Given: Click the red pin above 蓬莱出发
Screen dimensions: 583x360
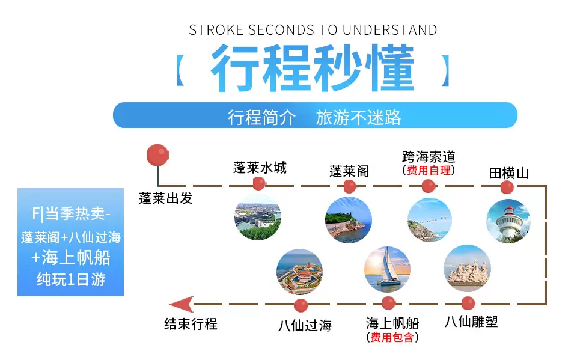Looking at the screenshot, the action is click(157, 155).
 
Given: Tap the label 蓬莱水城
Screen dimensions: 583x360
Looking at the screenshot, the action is click(260, 168).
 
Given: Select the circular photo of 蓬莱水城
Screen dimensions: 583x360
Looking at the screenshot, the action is click(258, 218).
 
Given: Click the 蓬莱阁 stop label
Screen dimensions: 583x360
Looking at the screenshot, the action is click(349, 171).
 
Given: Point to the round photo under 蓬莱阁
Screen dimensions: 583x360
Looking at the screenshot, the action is click(349, 220).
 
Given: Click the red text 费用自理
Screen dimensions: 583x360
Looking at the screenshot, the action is click(429, 170).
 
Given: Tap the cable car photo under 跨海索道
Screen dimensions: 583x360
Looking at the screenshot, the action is click(430, 220).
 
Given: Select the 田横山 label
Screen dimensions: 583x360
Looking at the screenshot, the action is click(508, 173).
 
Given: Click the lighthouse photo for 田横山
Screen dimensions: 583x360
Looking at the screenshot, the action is click(508, 221).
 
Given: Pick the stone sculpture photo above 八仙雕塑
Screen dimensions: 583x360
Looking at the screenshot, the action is click(468, 269).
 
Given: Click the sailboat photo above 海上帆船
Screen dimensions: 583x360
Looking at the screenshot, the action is click(387, 270).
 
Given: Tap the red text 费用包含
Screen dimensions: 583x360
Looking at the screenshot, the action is click(392, 337).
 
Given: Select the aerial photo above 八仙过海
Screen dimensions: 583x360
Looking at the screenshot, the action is click(300, 272).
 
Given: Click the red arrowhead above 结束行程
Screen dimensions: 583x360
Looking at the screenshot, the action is click(182, 304).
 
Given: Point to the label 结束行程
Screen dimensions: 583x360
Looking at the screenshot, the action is click(191, 324).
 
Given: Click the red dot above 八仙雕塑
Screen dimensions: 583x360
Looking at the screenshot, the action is click(468, 303).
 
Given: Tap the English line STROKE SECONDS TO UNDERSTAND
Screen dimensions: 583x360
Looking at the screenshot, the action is click(313, 30).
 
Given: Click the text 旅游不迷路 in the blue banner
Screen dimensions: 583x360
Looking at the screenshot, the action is click(358, 118).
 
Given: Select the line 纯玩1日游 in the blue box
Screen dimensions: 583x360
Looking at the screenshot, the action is click(71, 279).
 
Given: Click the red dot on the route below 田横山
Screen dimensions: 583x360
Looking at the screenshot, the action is click(507, 187).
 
